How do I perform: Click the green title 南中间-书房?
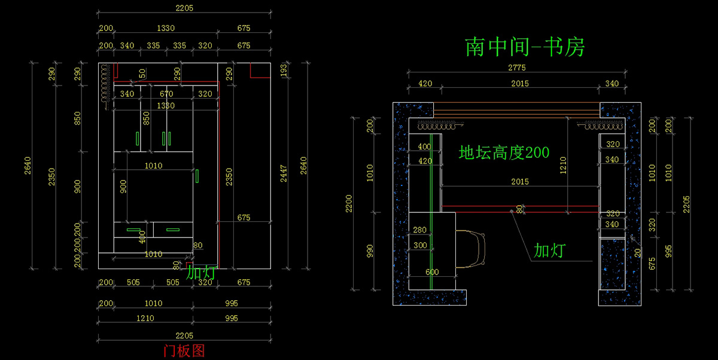(524, 47)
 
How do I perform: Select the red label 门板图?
(184, 350)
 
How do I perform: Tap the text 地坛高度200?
(504, 152)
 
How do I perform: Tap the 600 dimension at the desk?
(432, 272)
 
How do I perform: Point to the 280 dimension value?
(420, 230)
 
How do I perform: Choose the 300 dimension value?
(420, 245)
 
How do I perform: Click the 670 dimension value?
(166, 94)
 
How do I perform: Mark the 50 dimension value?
(142, 73)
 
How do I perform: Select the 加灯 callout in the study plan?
(549, 251)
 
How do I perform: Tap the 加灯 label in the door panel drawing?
(200, 273)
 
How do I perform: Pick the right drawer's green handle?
(173, 229)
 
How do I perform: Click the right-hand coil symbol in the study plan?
(601, 126)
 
